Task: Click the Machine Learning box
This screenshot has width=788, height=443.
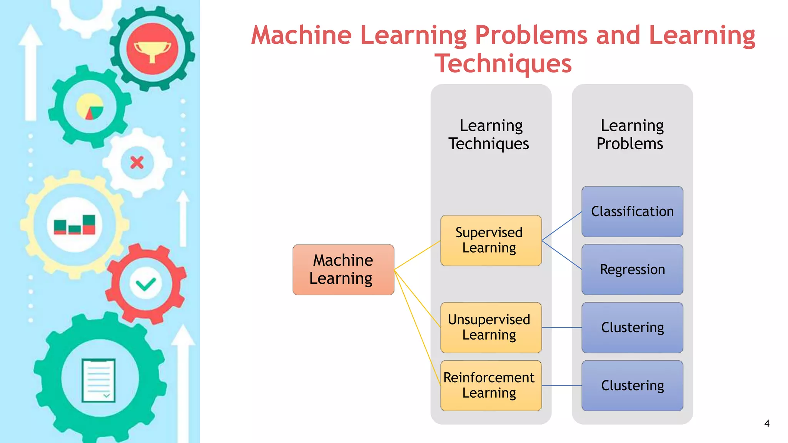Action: click(x=343, y=270)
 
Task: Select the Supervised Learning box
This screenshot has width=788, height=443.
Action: click(x=491, y=240)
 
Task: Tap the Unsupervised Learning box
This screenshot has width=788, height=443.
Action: click(x=491, y=327)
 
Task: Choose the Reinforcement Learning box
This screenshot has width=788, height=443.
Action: click(x=491, y=385)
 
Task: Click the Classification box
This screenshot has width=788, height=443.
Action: click(x=632, y=212)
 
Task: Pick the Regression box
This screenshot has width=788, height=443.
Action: click(x=632, y=270)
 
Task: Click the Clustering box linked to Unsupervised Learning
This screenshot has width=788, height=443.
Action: click(x=632, y=328)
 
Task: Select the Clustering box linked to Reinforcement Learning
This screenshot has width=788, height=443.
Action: click(x=632, y=385)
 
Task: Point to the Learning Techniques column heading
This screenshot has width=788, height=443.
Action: click(x=489, y=135)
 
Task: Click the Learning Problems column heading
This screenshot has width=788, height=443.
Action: click(x=631, y=135)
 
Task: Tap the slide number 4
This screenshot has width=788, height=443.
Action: click(x=766, y=423)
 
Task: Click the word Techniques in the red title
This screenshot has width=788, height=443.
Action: click(x=503, y=63)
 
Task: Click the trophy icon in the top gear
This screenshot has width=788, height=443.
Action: click(x=152, y=50)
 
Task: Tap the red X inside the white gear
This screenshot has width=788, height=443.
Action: click(x=137, y=163)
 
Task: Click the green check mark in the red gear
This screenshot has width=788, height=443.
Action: click(x=146, y=285)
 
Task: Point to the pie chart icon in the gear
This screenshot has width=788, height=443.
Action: click(x=90, y=107)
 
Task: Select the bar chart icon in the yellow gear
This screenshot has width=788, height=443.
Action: click(x=75, y=225)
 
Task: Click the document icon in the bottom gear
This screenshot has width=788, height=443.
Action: click(x=98, y=380)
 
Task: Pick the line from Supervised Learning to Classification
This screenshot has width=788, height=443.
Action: click(x=562, y=226)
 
